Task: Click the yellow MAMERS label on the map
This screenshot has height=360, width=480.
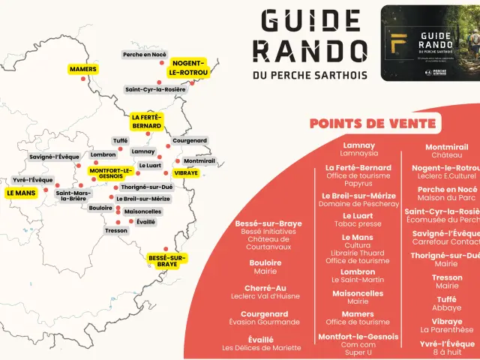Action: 83,69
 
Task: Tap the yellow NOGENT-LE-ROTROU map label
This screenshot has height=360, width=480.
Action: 189,67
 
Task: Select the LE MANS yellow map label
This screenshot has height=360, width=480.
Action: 21,193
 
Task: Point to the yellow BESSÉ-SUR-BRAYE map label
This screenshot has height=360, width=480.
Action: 167,260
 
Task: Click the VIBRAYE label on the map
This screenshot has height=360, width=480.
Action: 185,172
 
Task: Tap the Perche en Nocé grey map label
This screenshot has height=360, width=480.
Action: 145,54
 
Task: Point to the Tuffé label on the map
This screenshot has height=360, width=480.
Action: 120,140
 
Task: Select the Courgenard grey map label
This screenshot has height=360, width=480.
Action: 189,140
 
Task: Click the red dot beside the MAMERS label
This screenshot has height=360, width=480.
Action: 83,79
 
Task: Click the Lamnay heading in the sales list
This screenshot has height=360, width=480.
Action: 358,145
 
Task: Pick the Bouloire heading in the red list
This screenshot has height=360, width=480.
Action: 265,262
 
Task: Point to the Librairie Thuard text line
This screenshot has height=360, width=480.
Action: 358,253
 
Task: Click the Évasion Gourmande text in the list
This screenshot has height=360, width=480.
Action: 264,322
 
